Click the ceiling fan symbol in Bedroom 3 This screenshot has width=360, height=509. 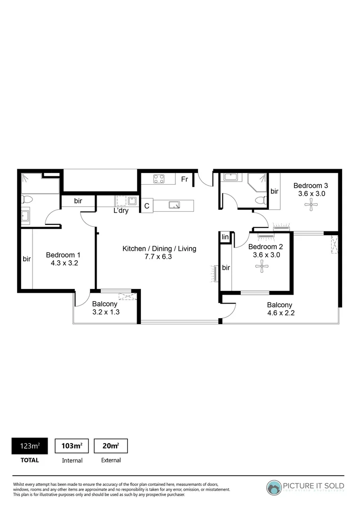[311, 205]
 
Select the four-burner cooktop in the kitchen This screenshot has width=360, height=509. [159, 179]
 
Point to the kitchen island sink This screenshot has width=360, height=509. [174, 205]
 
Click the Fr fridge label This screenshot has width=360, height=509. [185, 179]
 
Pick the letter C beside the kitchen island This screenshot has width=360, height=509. [147, 206]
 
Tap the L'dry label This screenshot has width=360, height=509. [121, 211]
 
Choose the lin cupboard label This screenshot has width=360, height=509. [225, 238]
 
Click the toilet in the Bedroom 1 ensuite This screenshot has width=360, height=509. [27, 199]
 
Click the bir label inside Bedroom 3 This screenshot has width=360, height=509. [274, 191]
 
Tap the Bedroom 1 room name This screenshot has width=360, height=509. [63, 255]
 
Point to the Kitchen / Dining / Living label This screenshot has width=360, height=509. [159, 248]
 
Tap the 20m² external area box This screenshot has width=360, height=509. [111, 446]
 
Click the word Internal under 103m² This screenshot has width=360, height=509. [72, 460]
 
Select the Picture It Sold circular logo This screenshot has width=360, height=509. [273, 487]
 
